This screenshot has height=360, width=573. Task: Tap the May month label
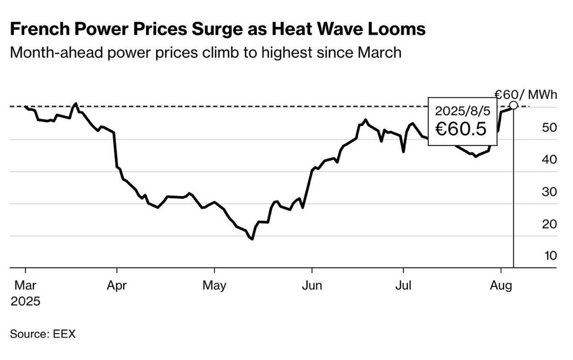click(x=214, y=286)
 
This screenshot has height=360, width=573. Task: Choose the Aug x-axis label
click(x=501, y=286)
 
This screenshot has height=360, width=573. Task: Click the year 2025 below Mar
click(x=25, y=302)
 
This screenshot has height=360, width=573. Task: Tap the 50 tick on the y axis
click(x=550, y=127)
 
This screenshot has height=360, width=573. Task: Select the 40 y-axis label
click(x=550, y=159)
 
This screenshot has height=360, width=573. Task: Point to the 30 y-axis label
click(x=550, y=192)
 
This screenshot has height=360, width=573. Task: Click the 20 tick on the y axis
click(x=550, y=224)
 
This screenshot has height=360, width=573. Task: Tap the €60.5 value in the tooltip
click(x=460, y=129)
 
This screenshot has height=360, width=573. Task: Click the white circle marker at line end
click(x=513, y=105)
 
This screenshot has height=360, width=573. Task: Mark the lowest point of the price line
click(x=252, y=239)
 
